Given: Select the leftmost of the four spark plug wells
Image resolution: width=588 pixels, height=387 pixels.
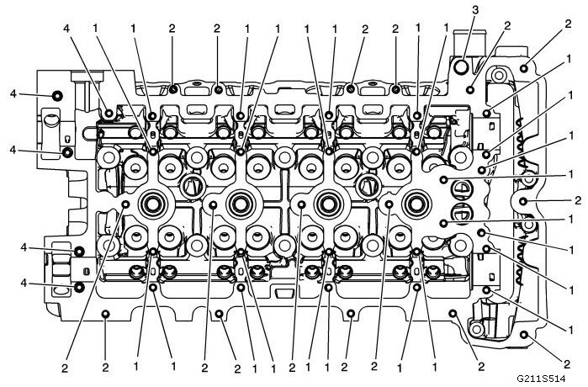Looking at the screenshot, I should [154, 202].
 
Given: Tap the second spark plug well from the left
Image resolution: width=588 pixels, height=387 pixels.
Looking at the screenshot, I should [241, 202].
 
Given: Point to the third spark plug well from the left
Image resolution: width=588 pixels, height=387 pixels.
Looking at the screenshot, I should [327, 202].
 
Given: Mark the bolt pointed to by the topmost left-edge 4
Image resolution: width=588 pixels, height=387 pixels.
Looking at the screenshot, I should [56, 95].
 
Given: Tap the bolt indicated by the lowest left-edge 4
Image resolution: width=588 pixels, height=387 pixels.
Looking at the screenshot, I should [78, 287].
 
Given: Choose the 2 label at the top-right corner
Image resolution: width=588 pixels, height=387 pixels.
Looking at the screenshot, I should [558, 28].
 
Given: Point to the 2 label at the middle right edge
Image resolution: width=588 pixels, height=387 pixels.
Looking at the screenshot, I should [577, 200].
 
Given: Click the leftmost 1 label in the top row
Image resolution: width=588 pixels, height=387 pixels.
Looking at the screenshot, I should [96, 28].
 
